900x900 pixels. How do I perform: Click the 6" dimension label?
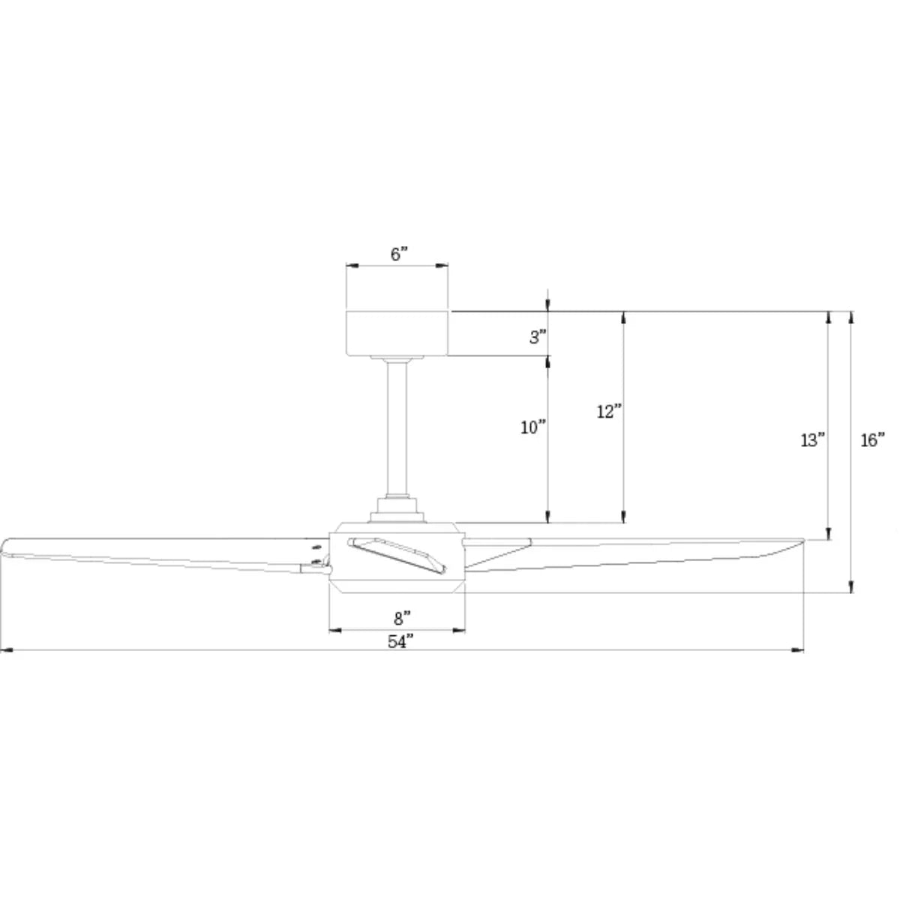pyautogui.click(x=399, y=254)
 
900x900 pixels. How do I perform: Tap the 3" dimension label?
pyautogui.click(x=538, y=337)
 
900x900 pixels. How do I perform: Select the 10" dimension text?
pyautogui.click(x=533, y=427)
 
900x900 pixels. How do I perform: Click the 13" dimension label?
pyautogui.click(x=813, y=440)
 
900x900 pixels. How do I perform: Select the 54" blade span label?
pyautogui.click(x=401, y=641)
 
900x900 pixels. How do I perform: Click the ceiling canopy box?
pyautogui.click(x=397, y=332)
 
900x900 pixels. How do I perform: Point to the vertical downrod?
pyautogui.click(x=397, y=427)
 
